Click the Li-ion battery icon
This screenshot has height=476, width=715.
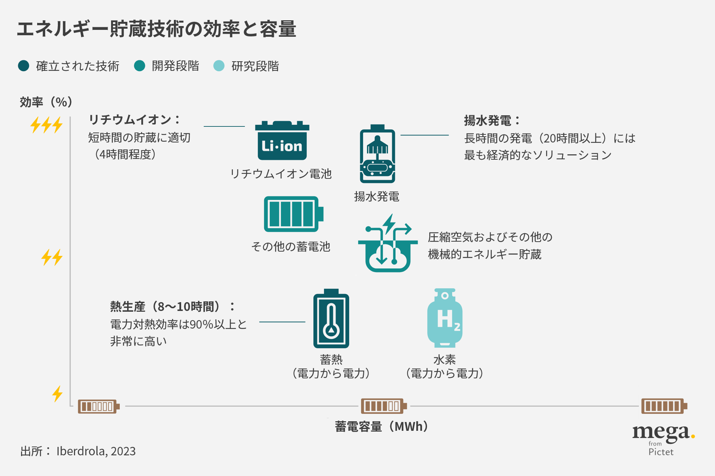tap(282, 141)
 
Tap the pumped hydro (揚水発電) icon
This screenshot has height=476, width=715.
tap(377, 154)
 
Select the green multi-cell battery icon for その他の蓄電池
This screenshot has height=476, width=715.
tap(293, 214)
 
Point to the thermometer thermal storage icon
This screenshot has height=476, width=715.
tap(331, 319)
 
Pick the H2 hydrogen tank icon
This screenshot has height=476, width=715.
tap(445, 318)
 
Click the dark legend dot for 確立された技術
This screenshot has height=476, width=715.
tap(24, 66)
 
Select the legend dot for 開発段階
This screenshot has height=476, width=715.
tap(140, 66)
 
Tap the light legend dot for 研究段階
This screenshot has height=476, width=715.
tap(219, 66)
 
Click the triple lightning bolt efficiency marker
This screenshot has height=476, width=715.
tap(46, 125)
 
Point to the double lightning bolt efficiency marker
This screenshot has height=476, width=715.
tap(52, 257)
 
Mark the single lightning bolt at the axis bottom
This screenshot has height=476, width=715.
tap(57, 394)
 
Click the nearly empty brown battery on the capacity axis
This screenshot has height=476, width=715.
tap(98, 406)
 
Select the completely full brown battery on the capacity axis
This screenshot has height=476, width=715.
tap(664, 406)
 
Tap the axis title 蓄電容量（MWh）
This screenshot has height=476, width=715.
tap(381, 426)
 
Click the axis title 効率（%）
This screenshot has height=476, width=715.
tap(46, 102)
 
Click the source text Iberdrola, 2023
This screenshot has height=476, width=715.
tap(96, 451)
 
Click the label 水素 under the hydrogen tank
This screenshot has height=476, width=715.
tap(445, 360)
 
